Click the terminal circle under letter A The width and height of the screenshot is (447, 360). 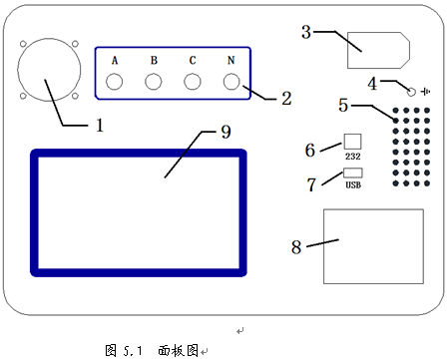(115, 83)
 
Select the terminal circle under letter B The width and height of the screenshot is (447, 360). (154, 83)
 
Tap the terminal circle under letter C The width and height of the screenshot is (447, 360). (193, 83)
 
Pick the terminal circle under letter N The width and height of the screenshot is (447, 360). (231, 83)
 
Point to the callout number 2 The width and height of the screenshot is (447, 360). (286, 99)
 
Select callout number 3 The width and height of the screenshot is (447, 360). (307, 32)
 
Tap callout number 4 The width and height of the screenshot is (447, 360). (372, 83)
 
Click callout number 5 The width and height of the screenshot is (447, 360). (343, 104)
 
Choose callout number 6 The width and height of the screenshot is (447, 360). (311, 150)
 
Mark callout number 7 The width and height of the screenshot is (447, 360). (311, 183)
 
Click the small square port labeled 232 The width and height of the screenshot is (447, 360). (351, 143)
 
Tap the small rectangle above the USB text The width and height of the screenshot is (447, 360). (352, 173)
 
